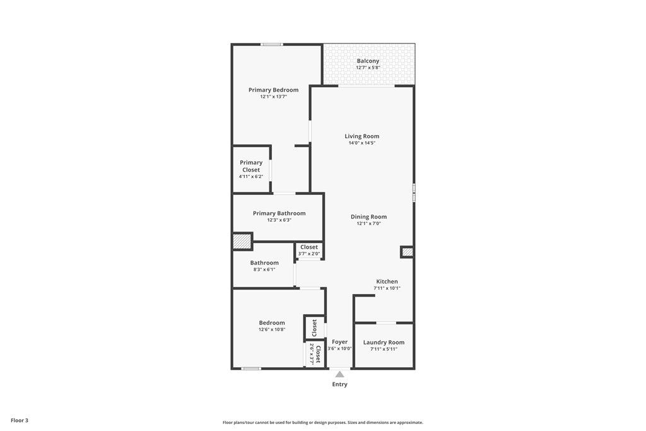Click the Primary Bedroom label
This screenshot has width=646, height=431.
273,90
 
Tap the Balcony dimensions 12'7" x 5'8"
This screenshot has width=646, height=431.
368,68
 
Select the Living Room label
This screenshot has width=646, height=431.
361,136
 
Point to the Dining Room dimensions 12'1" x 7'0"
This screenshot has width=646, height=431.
368,223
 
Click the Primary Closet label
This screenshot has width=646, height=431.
250,166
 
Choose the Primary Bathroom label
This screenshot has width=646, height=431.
279,213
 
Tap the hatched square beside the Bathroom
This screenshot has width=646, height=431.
242,242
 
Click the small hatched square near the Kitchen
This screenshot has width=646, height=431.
408,252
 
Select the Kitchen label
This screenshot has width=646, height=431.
387,281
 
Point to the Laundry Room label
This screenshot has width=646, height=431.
384,343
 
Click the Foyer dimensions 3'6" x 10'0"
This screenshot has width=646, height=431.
339,348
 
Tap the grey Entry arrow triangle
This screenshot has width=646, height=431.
339,374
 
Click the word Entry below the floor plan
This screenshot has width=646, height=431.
339,384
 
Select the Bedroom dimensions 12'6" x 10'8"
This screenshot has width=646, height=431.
271,329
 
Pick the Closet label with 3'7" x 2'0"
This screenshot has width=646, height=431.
309,247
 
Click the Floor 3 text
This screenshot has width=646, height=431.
19,420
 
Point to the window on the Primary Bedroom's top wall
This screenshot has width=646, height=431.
271,44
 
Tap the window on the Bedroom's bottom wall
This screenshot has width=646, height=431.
251,369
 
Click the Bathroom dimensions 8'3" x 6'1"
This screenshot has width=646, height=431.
264,269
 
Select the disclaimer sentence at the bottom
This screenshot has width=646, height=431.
322,423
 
